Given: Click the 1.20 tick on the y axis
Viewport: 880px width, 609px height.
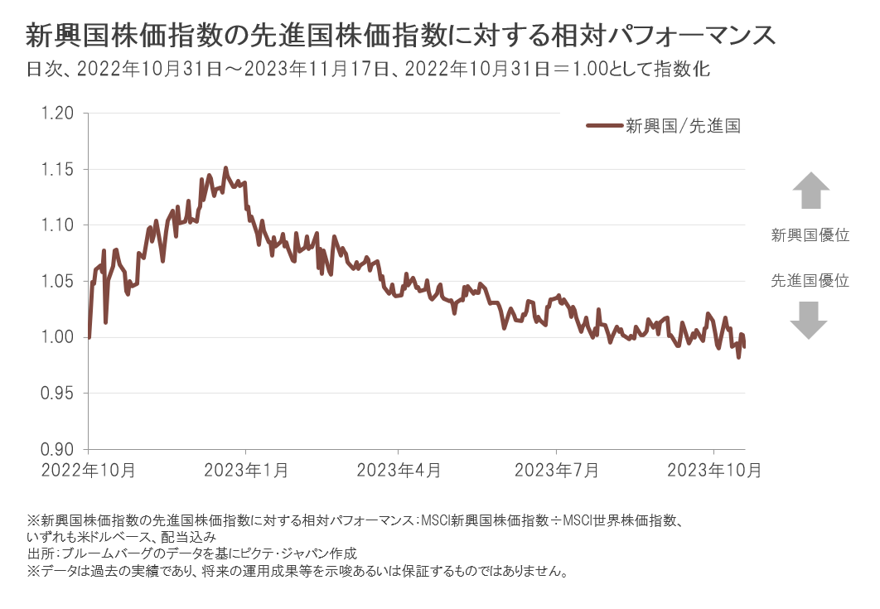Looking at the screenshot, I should [x=58, y=114].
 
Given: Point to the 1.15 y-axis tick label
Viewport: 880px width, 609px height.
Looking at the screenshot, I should [x=58, y=169].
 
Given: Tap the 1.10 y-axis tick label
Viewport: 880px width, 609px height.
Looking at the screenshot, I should [x=58, y=225].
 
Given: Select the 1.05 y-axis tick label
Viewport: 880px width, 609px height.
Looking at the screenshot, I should [x=58, y=282].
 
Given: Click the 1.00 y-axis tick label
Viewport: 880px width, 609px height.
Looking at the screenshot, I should [x=58, y=337].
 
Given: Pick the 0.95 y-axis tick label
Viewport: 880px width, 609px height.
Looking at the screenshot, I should [x=58, y=394].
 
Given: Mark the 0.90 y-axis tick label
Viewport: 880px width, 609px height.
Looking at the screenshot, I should [x=58, y=449].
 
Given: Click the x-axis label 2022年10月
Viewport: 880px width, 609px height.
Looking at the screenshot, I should [x=89, y=471].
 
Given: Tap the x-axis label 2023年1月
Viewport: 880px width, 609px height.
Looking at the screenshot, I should [x=246, y=471].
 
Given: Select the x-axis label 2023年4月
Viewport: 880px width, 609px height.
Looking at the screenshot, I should [x=399, y=471].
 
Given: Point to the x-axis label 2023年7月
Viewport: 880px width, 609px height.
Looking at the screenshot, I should [x=557, y=471].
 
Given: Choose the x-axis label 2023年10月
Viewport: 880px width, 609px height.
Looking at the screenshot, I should [x=714, y=471].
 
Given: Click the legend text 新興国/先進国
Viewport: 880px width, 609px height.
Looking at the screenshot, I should [x=682, y=127].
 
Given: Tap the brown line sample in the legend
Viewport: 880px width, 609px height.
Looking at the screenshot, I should [x=603, y=127].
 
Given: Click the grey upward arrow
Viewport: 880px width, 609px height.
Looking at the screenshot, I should [x=810, y=191].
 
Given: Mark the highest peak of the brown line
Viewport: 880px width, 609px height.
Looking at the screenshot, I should [x=225, y=168].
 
